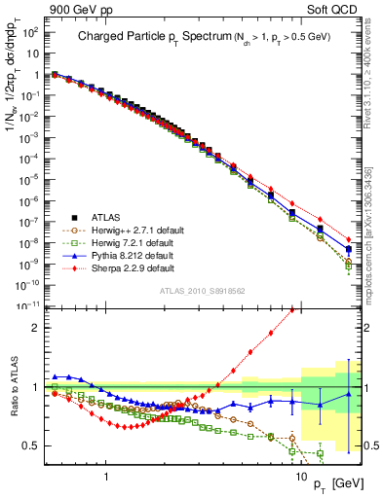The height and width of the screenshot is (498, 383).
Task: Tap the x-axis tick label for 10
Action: click(x=300, y=467)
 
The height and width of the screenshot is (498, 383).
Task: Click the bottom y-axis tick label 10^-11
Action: click(x=29, y=305)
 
